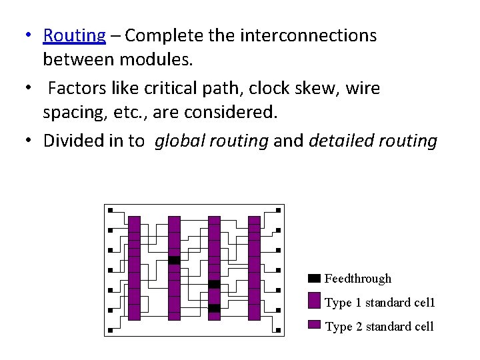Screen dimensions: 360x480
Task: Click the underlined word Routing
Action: [x=74, y=36]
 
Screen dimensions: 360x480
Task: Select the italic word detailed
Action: [x=341, y=141]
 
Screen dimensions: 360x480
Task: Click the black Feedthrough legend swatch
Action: [x=315, y=278]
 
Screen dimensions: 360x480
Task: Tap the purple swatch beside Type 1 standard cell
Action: [x=315, y=301]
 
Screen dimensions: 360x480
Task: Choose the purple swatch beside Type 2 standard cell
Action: [x=315, y=325]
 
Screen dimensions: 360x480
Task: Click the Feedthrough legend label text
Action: [x=358, y=279]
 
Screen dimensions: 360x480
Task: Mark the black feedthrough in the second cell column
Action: [x=174, y=260]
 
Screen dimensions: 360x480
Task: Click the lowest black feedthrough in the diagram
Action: [x=214, y=308]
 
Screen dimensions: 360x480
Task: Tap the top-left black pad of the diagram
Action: [x=110, y=210]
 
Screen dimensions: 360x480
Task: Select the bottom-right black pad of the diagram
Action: [x=278, y=330]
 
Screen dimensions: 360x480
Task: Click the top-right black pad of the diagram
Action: [x=278, y=210]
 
